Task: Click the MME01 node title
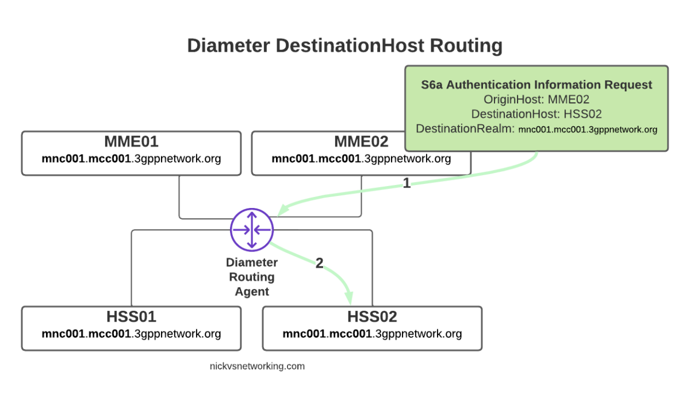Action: pos(131,141)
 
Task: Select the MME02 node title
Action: pos(361,141)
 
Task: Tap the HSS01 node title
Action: pos(131,317)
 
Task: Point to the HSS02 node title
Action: pos(372,317)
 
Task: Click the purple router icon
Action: pos(252,229)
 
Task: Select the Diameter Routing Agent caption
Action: pos(252,277)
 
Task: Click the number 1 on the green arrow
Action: pos(407,183)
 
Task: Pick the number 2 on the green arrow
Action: pos(319,263)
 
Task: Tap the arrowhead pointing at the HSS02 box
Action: pos(349,298)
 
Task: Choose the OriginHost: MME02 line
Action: pos(536,99)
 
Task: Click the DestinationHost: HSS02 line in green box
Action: pos(536,114)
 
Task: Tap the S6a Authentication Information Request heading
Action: pos(536,85)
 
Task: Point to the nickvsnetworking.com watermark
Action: pos(257,366)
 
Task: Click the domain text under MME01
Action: pos(131,158)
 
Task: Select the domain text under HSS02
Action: pos(372,333)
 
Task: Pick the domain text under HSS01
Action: pos(131,333)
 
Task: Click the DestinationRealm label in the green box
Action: pos(465,129)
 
